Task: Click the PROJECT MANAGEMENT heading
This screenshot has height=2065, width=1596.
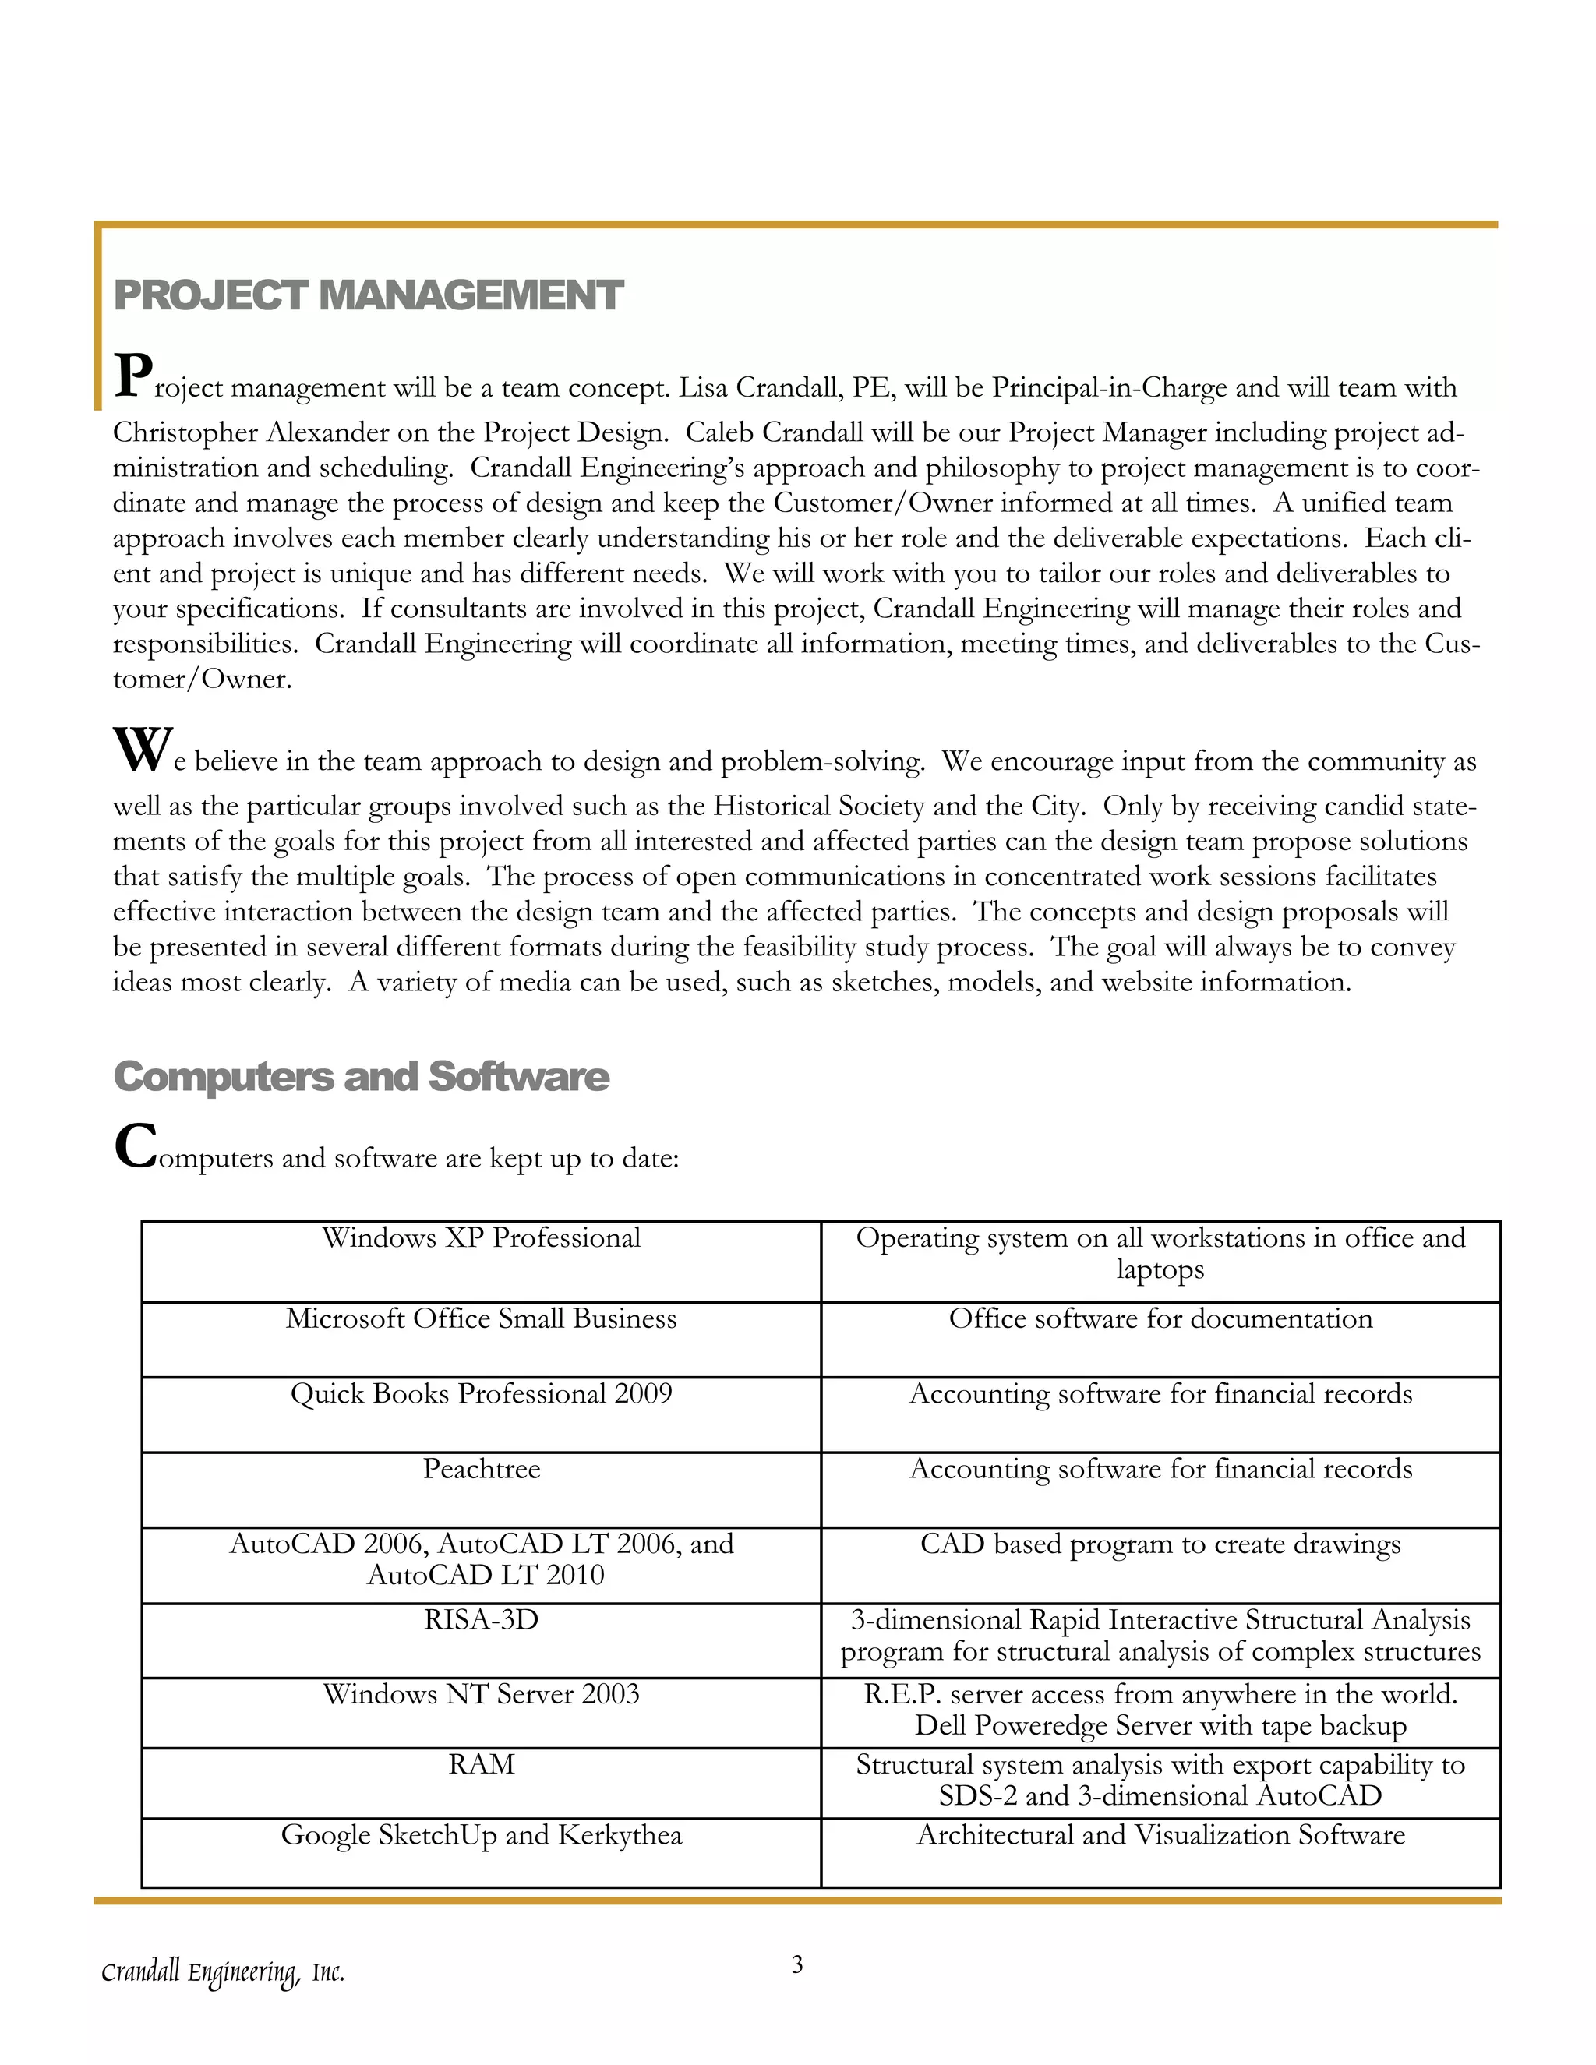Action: tap(368, 295)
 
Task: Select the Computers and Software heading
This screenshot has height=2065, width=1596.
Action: tap(361, 1076)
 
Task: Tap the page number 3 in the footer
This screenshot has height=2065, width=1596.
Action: tap(797, 1964)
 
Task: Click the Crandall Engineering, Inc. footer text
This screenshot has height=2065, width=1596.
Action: tap(223, 1972)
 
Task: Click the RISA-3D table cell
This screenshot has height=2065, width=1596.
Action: tap(482, 1620)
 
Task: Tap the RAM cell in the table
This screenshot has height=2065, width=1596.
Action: tap(482, 1764)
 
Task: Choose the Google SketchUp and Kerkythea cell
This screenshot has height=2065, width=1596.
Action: tap(482, 1835)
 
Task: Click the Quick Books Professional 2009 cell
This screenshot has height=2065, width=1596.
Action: tap(482, 1394)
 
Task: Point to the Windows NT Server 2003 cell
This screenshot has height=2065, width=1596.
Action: tap(482, 1693)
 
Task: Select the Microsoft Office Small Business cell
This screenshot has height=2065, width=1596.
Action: tap(482, 1319)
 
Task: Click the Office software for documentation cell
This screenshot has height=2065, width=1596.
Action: tap(1160, 1319)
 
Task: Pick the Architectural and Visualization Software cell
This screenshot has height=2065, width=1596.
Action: tap(1160, 1835)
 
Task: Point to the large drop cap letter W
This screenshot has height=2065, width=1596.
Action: tap(142, 750)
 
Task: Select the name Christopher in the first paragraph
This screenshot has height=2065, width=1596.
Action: tap(185, 433)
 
